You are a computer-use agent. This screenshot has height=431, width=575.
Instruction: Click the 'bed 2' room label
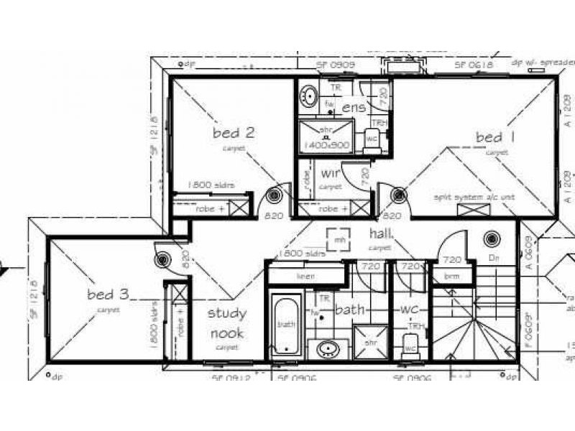point(234,132)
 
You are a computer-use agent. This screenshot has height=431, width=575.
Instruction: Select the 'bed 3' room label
point(109,295)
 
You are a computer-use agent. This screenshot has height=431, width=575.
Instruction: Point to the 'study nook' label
point(226,323)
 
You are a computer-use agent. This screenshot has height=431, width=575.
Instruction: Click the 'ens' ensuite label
point(354,107)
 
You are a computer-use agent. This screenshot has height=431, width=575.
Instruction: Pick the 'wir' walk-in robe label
point(331,174)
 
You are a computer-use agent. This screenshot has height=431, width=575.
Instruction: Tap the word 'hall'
point(380,234)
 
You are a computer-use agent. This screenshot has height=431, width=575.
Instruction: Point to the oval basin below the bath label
point(328,350)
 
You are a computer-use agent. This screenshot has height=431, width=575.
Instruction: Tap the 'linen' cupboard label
point(307,276)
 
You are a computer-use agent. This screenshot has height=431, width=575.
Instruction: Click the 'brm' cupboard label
point(451,276)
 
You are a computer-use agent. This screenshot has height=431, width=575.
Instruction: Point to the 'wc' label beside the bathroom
point(409,310)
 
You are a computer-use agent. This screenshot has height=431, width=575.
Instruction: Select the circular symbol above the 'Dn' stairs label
point(492,238)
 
